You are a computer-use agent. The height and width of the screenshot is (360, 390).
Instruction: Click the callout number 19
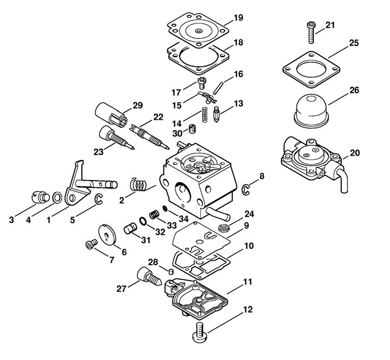pyautogui.click(x=238, y=18)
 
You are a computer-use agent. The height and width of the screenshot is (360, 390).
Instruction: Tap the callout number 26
pyautogui.click(x=354, y=90)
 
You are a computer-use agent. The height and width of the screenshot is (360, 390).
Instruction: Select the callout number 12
pyautogui.click(x=248, y=310)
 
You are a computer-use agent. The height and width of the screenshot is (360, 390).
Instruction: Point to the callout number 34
pyautogui.click(x=184, y=219)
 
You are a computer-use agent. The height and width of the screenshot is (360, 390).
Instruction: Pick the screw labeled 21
pyautogui.click(x=311, y=33)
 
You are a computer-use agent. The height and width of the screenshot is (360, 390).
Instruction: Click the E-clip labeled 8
pyautogui.click(x=246, y=190)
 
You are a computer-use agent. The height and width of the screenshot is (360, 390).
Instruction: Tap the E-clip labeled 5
pyautogui.click(x=99, y=199)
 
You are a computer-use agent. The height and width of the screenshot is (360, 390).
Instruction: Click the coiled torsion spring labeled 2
pyautogui.click(x=138, y=185)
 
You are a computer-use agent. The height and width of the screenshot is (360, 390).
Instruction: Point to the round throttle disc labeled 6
pyautogui.click(x=107, y=235)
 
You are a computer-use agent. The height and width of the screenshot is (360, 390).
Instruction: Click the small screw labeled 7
pyautogui.click(x=92, y=244)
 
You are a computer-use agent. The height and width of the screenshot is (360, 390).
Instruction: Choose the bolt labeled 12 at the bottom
pyautogui.click(x=200, y=332)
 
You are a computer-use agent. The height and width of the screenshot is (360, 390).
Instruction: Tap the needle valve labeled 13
pyautogui.click(x=217, y=114)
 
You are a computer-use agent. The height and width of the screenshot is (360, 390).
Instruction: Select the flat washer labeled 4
pyautogui.click(x=57, y=198)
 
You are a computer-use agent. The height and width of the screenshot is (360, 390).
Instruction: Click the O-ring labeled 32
pyautogui.click(x=143, y=221)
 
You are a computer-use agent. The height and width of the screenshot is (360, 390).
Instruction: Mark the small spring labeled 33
pyautogui.click(x=154, y=214)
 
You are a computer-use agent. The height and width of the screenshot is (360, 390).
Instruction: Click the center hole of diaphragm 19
pyautogui.click(x=198, y=31)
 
